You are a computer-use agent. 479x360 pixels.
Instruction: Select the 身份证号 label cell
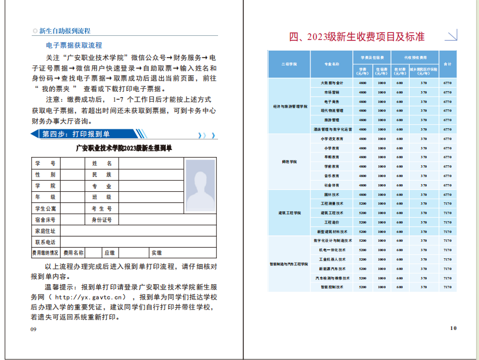(x=101, y=219)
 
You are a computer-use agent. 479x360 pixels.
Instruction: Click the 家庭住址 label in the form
(x=45, y=231)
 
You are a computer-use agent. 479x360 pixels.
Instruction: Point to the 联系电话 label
(x=45, y=242)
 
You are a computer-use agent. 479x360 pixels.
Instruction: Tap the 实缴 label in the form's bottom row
(x=156, y=253)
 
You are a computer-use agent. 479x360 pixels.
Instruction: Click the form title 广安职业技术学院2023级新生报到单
(x=128, y=148)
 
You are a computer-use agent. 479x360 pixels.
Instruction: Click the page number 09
(x=34, y=329)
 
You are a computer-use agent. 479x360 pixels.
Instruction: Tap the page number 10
(x=453, y=328)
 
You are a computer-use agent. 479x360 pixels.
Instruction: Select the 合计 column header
(x=447, y=64)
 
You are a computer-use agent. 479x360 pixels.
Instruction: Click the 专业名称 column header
(x=332, y=64)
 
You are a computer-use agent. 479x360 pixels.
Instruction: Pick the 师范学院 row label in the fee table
(x=290, y=161)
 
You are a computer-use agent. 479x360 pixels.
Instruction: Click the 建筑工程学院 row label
(x=290, y=212)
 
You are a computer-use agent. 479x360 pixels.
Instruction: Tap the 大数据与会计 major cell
(x=332, y=83)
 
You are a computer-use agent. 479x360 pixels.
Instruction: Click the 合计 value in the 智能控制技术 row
(x=447, y=287)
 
